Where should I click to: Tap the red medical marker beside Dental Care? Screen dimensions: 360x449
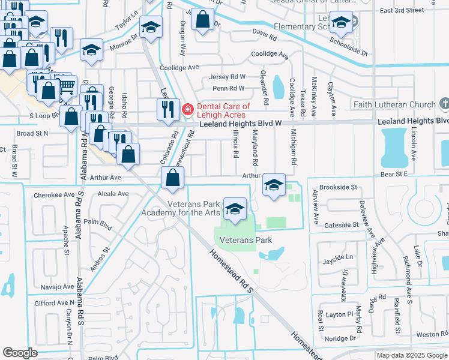tap(188, 109)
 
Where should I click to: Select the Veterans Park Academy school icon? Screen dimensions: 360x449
tap(235, 209)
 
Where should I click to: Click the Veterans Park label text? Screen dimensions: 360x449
tap(246, 240)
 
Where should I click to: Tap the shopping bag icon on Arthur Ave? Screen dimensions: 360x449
tap(173, 178)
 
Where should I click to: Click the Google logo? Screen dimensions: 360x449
tap(20, 352)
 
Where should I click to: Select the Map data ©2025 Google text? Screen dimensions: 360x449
tap(411, 355)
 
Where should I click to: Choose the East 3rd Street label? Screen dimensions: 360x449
tap(418, 10)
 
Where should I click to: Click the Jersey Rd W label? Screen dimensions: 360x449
tap(228, 77)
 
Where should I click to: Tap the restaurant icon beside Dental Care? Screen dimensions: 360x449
tap(167, 109)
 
